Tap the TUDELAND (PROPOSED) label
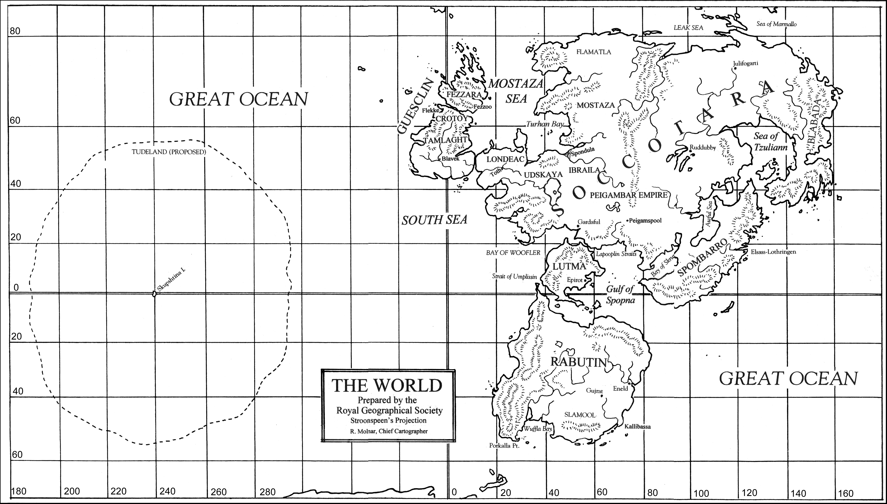pos(169,152)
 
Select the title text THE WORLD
pos(387,385)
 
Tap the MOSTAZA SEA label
pos(516,91)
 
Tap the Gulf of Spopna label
pos(620,294)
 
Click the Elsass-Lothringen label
pos(773,252)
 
